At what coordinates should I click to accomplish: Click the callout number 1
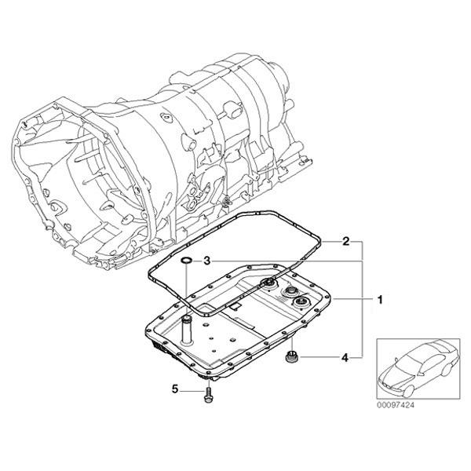(379, 299)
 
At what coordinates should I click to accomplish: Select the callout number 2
(345, 243)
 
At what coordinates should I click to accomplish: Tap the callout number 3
(206, 261)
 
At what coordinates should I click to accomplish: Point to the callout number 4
(344, 358)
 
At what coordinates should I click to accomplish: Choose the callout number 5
(176, 388)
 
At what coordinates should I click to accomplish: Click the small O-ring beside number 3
(183, 260)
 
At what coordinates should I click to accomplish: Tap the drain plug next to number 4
(290, 359)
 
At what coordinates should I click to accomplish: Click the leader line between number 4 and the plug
(318, 358)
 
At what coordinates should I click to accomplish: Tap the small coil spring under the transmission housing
(226, 206)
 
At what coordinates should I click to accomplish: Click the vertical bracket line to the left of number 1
(361, 298)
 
